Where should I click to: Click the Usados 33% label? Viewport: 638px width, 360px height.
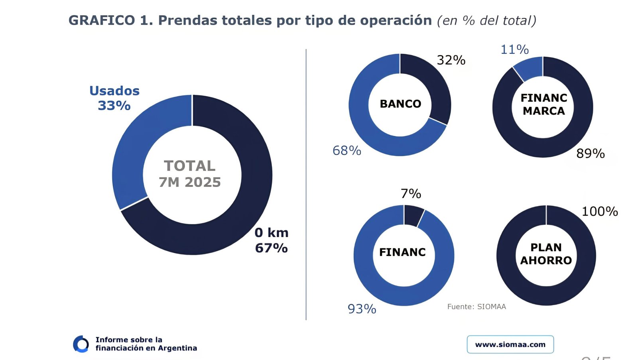click(x=114, y=98)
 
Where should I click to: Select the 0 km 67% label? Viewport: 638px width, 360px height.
click(x=271, y=240)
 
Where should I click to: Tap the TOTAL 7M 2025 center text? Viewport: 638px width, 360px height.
click(x=190, y=174)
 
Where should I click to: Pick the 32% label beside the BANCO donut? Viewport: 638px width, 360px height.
click(x=451, y=60)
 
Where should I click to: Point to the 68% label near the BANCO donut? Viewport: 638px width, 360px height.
click(x=347, y=151)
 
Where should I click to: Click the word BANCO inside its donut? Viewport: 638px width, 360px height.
click(x=400, y=104)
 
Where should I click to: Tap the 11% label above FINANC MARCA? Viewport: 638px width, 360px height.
click(x=514, y=49)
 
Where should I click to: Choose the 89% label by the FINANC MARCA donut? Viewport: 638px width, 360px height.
click(x=590, y=153)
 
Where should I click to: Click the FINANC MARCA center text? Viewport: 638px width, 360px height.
click(x=543, y=104)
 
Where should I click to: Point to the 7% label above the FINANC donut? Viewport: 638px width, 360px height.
click(x=411, y=194)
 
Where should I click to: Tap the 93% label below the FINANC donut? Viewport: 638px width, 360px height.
click(x=362, y=309)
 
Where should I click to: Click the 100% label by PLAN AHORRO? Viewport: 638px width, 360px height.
click(x=599, y=211)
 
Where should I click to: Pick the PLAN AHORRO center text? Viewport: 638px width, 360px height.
click(x=546, y=254)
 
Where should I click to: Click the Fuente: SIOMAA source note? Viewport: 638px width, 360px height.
click(x=477, y=307)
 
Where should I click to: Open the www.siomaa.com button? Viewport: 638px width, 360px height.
click(x=510, y=344)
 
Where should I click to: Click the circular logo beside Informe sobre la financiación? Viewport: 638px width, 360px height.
click(x=81, y=344)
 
